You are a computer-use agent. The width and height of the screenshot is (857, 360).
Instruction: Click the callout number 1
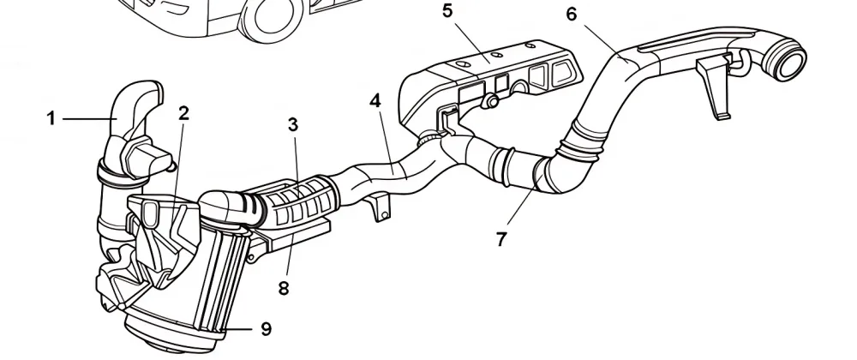[x=52, y=118]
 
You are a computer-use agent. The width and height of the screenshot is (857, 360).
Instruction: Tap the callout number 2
[x=183, y=113]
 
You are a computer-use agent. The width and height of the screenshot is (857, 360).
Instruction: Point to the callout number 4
[x=375, y=100]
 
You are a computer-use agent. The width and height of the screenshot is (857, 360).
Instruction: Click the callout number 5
[x=447, y=11]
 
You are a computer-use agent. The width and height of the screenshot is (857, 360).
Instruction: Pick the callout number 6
[x=572, y=14]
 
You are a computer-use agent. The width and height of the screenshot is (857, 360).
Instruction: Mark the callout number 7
[x=501, y=238]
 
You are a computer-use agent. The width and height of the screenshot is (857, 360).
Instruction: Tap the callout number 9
[x=266, y=327]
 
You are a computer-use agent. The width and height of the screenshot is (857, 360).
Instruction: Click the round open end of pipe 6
[x=791, y=63]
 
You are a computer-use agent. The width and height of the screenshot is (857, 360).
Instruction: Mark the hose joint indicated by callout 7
[x=540, y=171]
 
